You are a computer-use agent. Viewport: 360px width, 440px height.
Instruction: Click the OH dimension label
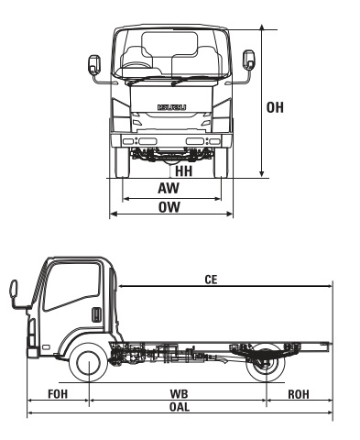click(275, 107)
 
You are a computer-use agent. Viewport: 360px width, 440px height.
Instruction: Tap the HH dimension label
click(183, 170)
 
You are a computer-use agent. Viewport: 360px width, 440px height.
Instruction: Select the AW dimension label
click(168, 187)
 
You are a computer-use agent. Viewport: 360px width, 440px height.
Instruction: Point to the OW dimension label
click(168, 207)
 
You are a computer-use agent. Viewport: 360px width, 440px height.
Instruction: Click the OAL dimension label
click(179, 405)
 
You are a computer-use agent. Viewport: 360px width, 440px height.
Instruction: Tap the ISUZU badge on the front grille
click(170, 106)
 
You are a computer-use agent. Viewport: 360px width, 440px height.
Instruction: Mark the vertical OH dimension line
click(263, 101)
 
